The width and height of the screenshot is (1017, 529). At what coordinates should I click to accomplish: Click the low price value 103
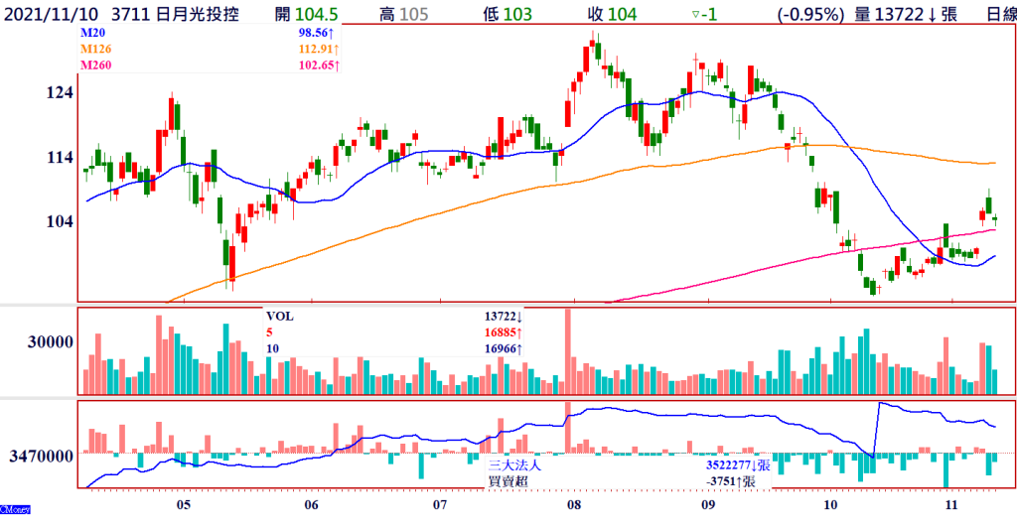point(515,14)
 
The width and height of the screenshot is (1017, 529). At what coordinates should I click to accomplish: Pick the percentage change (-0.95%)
point(809,14)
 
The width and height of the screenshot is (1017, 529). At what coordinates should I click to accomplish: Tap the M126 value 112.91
point(314,49)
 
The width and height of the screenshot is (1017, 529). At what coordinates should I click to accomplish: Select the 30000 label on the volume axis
point(51,341)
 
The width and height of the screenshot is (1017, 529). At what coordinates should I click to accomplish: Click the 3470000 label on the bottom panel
point(44,457)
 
